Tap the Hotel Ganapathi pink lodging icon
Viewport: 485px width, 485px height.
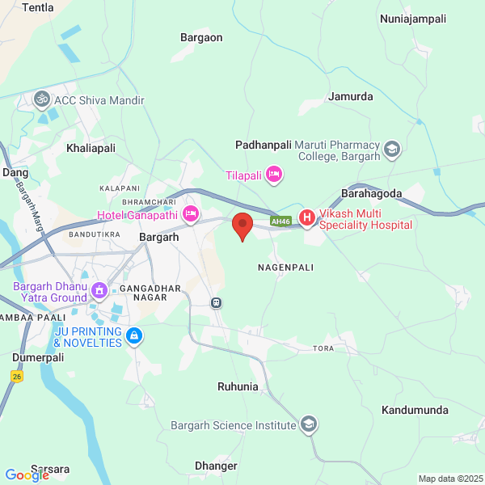click(191, 214)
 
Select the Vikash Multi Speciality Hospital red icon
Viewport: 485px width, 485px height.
click(307, 217)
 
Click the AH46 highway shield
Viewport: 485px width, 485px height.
click(280, 221)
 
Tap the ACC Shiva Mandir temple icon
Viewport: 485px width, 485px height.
click(42, 100)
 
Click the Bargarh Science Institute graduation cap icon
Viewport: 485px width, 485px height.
click(308, 424)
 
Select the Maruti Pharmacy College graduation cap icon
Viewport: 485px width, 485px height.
click(392, 149)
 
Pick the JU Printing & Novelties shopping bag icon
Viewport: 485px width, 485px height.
click(134, 335)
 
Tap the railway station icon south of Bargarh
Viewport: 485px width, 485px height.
click(216, 303)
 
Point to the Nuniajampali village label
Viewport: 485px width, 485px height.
click(412, 18)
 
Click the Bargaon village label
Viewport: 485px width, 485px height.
click(201, 37)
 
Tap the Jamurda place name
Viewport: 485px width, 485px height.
click(351, 96)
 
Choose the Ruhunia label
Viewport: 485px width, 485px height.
click(238, 386)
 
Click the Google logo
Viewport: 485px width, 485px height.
click(27, 475)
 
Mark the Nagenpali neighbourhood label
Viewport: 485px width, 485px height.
click(285, 266)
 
